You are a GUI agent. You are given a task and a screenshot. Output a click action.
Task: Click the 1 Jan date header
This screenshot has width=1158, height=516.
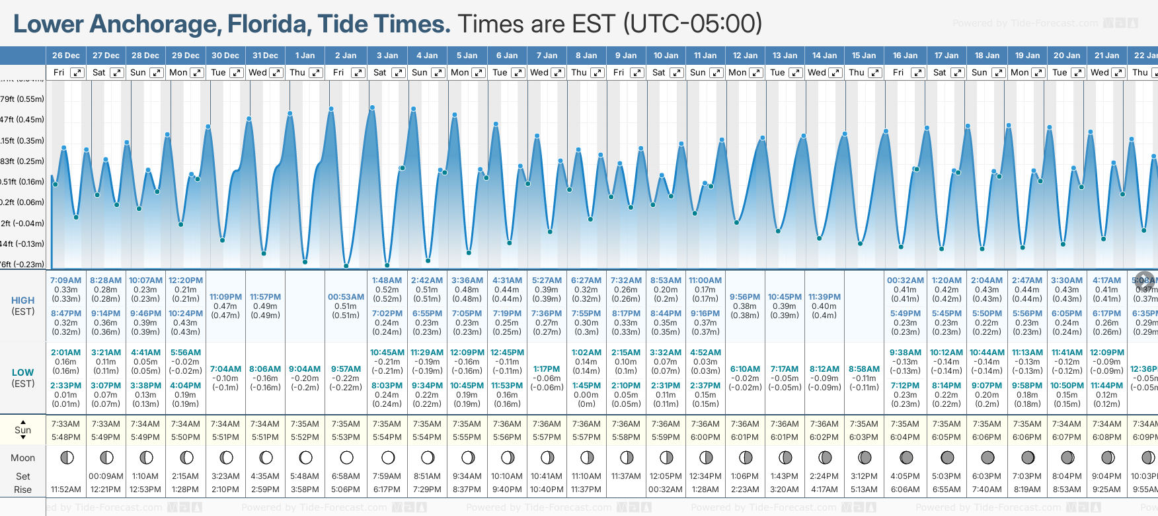click(305, 56)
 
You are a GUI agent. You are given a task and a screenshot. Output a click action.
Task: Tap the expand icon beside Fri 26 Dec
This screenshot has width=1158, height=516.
click(77, 73)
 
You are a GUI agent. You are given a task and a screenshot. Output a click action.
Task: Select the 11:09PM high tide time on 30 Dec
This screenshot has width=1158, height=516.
click(225, 297)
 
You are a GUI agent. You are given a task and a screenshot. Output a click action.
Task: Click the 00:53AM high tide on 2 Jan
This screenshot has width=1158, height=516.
click(346, 297)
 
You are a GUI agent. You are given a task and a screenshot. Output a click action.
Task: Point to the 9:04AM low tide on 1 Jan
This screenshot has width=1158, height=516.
click(305, 369)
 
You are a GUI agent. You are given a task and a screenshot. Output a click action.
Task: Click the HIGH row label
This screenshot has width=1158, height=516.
click(23, 300)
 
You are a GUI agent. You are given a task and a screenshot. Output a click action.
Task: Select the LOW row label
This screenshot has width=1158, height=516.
click(23, 372)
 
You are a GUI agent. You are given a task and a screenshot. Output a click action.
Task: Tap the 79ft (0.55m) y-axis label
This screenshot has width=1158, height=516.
click(22, 99)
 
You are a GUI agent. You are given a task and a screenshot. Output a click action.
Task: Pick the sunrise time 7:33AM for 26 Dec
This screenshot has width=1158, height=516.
click(65, 424)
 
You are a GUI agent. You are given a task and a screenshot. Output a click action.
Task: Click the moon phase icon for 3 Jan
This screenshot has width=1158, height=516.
click(388, 458)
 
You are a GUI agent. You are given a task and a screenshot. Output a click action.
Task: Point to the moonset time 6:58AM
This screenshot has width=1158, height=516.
click(346, 476)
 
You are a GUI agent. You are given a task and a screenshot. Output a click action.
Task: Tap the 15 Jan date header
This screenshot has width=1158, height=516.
click(864, 56)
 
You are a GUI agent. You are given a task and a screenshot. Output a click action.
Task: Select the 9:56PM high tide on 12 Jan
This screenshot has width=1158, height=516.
click(745, 297)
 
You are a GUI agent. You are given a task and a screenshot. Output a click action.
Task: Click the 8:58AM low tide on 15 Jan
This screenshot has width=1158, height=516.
click(864, 369)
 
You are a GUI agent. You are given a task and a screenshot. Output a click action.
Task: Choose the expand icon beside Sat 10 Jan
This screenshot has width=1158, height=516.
click(677, 73)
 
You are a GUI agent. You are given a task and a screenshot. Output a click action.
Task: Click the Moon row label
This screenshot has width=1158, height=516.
click(23, 458)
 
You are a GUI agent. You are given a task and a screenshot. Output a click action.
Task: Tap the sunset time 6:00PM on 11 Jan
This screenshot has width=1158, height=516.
click(705, 437)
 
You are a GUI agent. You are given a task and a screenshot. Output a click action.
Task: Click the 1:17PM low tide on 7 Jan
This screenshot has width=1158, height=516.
click(547, 369)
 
